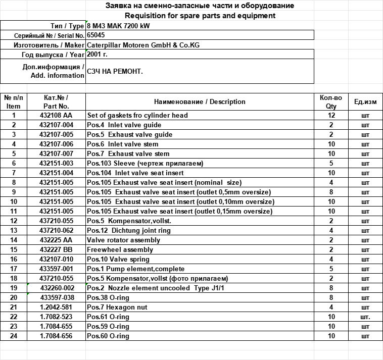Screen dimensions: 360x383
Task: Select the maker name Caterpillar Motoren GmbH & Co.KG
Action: (143, 45)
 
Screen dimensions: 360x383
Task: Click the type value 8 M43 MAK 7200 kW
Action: (118, 26)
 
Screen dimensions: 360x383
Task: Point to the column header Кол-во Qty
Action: (331, 102)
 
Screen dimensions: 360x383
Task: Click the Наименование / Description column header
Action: (200, 102)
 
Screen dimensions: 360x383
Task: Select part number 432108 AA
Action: (56, 116)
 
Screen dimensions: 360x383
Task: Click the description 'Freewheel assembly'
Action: (120, 250)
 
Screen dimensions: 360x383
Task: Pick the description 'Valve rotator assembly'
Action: (123, 240)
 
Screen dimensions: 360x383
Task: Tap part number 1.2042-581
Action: (56, 307)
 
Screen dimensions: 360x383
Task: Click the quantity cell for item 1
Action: (331, 116)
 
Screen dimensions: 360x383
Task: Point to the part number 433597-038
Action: (57, 298)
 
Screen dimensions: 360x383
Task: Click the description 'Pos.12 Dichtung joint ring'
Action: (129, 231)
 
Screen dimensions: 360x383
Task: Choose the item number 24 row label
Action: (14, 336)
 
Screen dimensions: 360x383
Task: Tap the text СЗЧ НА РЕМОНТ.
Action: (115, 72)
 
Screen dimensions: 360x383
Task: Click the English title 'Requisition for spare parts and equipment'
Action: (200, 16)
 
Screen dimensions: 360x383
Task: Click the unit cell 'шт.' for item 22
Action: (365, 317)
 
